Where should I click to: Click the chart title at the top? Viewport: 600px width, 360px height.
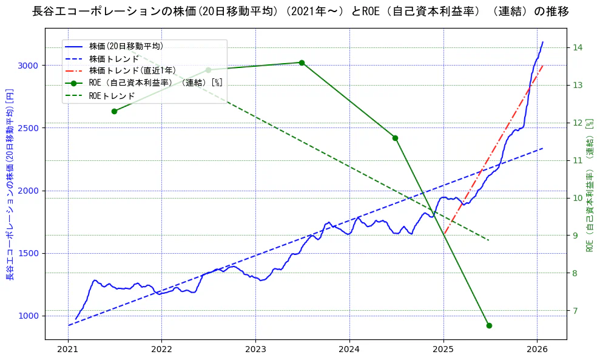300,12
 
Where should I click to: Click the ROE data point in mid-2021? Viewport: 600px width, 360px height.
114,111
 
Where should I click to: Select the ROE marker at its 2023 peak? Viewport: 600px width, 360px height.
302,63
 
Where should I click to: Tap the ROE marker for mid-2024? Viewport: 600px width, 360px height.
395,138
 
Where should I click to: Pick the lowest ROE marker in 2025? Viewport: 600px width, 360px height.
489,325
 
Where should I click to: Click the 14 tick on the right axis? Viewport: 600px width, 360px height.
577,47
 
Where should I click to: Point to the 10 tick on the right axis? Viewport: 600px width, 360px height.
577,198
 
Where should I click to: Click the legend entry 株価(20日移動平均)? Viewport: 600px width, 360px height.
126,46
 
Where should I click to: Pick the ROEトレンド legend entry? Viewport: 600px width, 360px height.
112,96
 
